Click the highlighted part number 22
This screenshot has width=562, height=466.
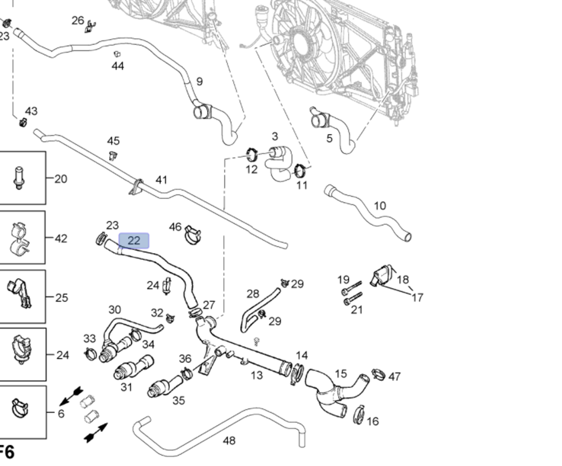click(x=134, y=241)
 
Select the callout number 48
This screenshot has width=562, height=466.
click(x=229, y=441)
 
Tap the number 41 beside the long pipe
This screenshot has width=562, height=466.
click(x=161, y=180)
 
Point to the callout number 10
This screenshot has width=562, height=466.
click(x=380, y=206)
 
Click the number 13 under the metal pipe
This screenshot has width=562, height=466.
click(x=257, y=375)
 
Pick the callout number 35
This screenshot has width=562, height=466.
click(x=179, y=400)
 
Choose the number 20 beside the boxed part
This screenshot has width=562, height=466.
click(x=61, y=179)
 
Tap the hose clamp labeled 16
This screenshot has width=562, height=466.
click(x=359, y=415)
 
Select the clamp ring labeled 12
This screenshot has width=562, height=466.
click(x=252, y=155)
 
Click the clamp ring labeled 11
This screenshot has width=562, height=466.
click(x=300, y=171)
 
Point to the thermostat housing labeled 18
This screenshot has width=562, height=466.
click(x=381, y=276)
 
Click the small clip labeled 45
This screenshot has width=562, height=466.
click(x=113, y=156)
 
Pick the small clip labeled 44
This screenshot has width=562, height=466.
click(x=117, y=54)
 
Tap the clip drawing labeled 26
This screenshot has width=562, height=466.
click(x=90, y=26)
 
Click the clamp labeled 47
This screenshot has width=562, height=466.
click(x=378, y=374)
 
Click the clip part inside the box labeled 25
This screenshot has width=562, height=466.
click(x=19, y=295)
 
